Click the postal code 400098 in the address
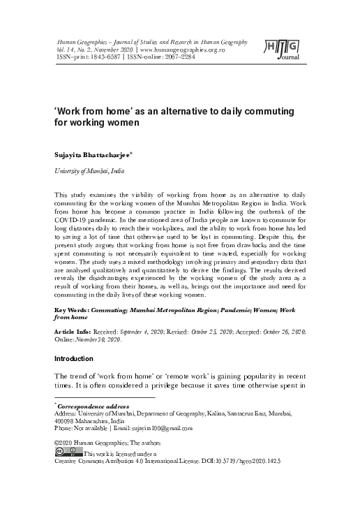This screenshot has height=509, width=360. click(65, 420)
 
